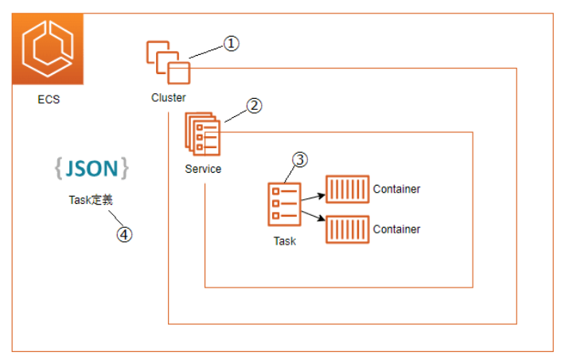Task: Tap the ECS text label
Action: (x=49, y=100)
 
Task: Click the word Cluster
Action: (x=169, y=98)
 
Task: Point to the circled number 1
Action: (x=230, y=44)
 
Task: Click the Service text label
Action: (x=203, y=169)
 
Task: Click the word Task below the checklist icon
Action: (x=283, y=241)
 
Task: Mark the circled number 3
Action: (x=300, y=159)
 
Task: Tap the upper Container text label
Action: (x=396, y=190)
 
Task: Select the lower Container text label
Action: (x=396, y=229)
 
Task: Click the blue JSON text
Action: (x=92, y=169)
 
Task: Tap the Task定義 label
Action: (x=90, y=201)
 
